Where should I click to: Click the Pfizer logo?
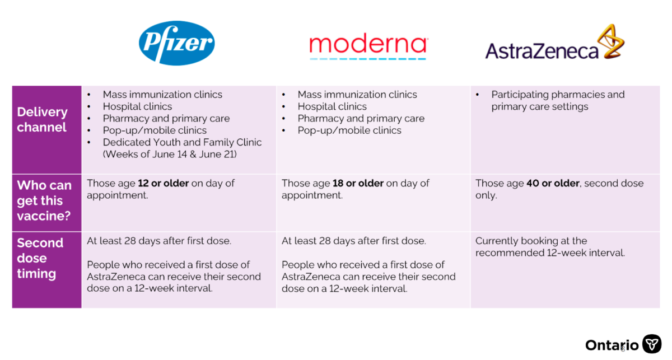pyautogui.click(x=177, y=43)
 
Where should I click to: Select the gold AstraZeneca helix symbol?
pyautogui.click(x=611, y=41)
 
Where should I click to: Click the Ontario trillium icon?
pyautogui.click(x=652, y=344)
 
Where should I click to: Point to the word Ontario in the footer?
pyautogui.click(x=612, y=345)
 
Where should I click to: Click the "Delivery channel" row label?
pyautogui.click(x=43, y=119)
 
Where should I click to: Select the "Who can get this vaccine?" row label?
pyautogui.click(x=44, y=200)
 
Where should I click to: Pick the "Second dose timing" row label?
pyautogui.click(x=40, y=258)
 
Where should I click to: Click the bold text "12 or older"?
pyautogui.click(x=163, y=183)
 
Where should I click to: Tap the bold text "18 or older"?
pyautogui.click(x=358, y=183)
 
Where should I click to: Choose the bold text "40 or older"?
pyautogui.click(x=553, y=183)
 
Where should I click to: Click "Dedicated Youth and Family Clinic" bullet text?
pyautogui.click(x=182, y=142)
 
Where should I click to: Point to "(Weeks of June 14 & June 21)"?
pyautogui.click(x=170, y=154)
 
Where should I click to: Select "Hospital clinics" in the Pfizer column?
pyautogui.click(x=137, y=106)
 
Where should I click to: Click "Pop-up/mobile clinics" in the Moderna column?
pyautogui.click(x=349, y=130)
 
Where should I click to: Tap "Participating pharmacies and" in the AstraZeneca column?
pyautogui.click(x=558, y=95)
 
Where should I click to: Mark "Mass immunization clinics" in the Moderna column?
pyautogui.click(x=357, y=95)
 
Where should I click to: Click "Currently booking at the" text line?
pyautogui.click(x=531, y=241)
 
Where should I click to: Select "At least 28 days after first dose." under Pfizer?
pyautogui.click(x=159, y=241)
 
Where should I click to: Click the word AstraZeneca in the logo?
pyautogui.click(x=542, y=51)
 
